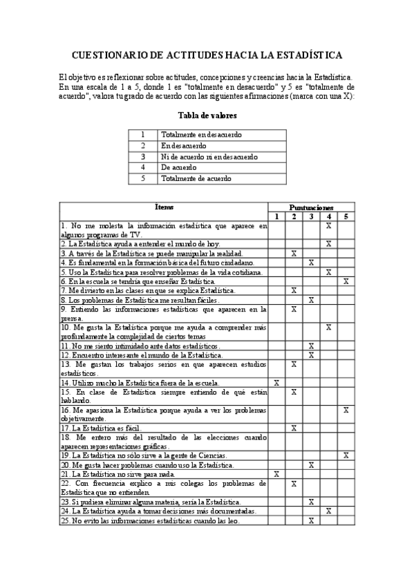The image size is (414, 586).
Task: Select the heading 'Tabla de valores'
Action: click(x=207, y=115)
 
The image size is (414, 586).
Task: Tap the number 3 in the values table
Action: click(x=143, y=157)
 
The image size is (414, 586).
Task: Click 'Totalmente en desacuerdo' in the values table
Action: click(x=201, y=135)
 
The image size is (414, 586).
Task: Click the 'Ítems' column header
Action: click(x=164, y=207)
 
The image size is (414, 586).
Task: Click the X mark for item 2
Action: click(x=329, y=244)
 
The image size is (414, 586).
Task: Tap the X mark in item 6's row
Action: click(x=346, y=281)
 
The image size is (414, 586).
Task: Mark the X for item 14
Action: click(x=276, y=382)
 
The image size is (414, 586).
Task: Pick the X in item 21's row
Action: click(x=276, y=474)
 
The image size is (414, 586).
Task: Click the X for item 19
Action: click(x=346, y=455)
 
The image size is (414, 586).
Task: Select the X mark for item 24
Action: click(x=329, y=511)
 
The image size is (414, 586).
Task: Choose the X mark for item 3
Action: click(x=294, y=254)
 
